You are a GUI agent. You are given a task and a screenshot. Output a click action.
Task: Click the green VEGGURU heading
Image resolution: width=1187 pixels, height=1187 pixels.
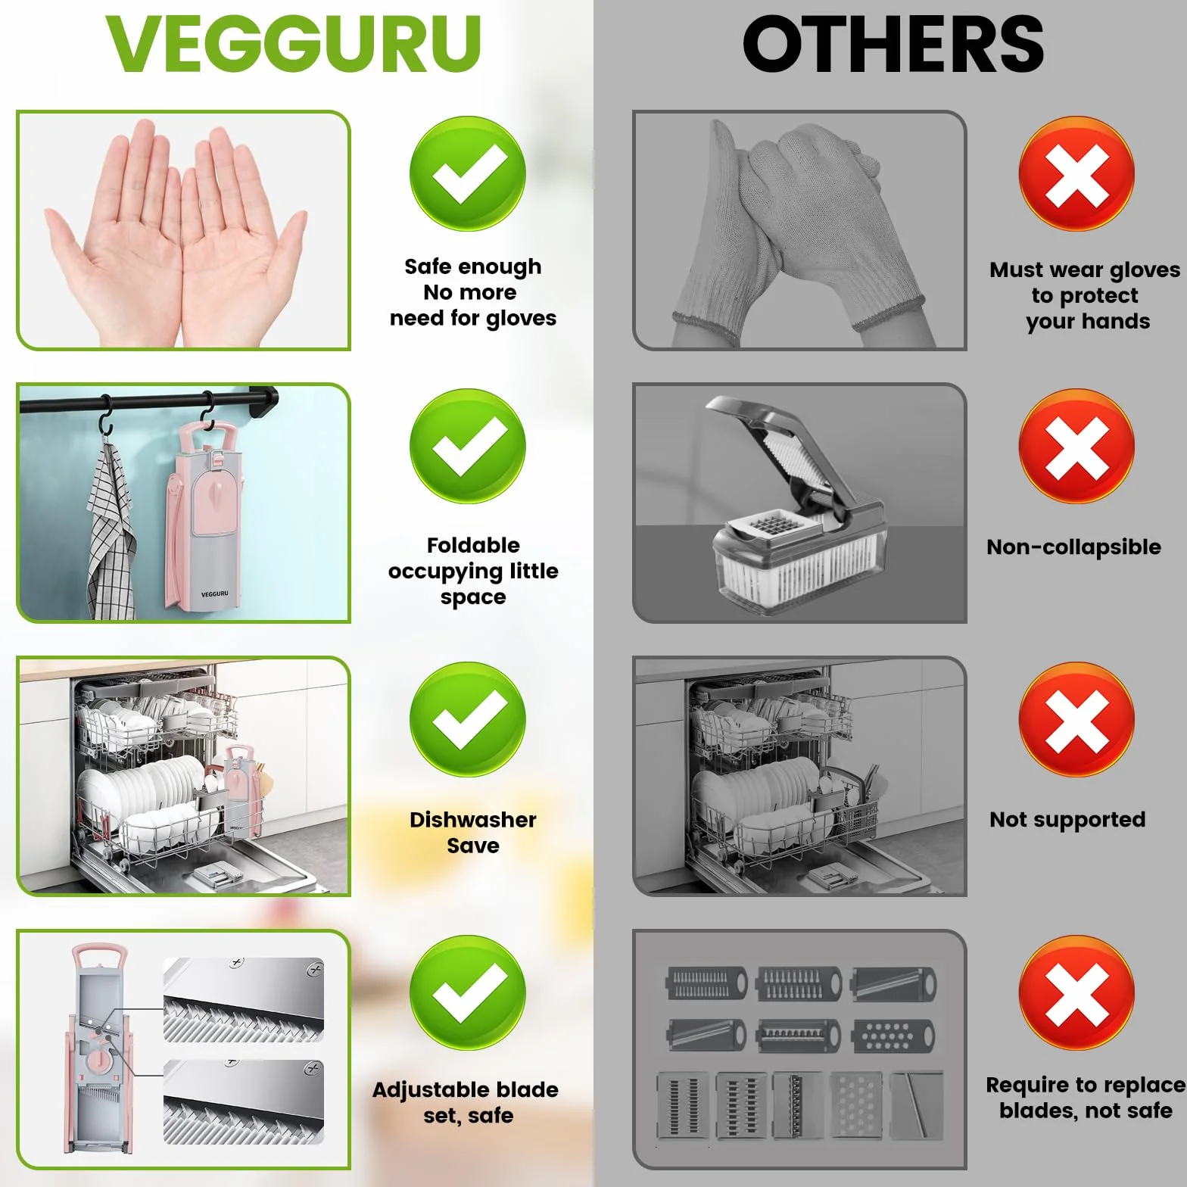pyautogui.click(x=293, y=44)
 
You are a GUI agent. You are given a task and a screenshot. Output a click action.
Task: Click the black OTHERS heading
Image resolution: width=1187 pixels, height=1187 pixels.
pyautogui.click(x=893, y=44)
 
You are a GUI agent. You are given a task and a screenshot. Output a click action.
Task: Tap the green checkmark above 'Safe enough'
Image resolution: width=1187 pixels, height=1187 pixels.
pyautogui.click(x=468, y=173)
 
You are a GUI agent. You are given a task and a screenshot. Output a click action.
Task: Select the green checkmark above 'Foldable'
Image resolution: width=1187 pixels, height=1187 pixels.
pyautogui.click(x=468, y=447)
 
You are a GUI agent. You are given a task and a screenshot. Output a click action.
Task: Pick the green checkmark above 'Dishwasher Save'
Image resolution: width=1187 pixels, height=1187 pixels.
pyautogui.click(x=468, y=719)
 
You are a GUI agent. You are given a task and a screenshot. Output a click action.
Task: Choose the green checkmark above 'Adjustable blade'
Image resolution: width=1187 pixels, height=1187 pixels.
pyautogui.click(x=468, y=992)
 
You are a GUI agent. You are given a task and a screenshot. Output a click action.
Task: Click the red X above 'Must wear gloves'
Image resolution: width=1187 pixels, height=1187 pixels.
pyautogui.click(x=1076, y=173)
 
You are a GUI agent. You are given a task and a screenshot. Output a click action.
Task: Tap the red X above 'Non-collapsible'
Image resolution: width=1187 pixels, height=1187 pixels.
pyautogui.click(x=1076, y=447)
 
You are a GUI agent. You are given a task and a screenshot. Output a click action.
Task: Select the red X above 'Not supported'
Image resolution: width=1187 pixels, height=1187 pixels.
pyautogui.click(x=1076, y=719)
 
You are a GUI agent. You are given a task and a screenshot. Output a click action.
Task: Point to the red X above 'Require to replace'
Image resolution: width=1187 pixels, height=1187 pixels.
pyautogui.click(x=1076, y=992)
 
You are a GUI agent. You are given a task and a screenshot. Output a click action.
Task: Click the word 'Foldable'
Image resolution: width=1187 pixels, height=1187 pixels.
pyautogui.click(x=473, y=545)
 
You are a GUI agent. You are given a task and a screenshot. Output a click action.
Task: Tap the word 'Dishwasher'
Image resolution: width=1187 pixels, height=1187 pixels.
pyautogui.click(x=473, y=819)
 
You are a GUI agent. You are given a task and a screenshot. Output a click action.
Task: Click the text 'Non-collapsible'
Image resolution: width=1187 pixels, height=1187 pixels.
pyautogui.click(x=1073, y=547)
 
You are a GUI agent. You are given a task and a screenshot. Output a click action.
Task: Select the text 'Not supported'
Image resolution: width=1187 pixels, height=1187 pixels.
pyautogui.click(x=1067, y=820)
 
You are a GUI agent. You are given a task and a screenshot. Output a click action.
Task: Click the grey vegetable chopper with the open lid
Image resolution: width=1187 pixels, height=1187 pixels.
pyautogui.click(x=795, y=503)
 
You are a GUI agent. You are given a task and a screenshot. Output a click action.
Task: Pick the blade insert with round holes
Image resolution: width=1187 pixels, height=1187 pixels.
pyautogui.click(x=893, y=1036)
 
